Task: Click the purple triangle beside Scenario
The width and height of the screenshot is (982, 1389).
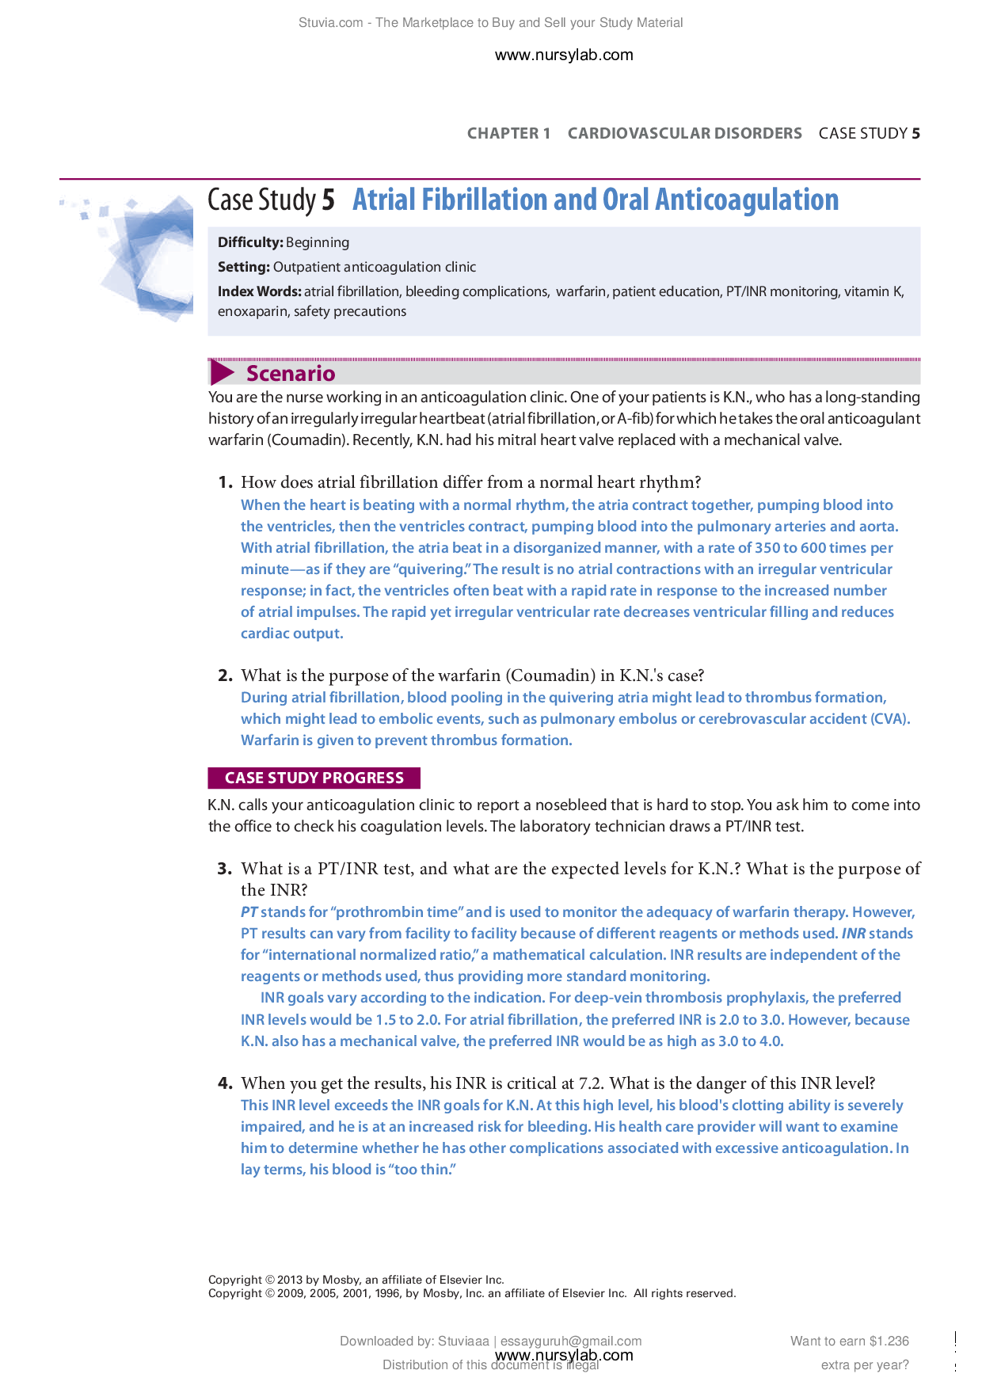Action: (x=222, y=373)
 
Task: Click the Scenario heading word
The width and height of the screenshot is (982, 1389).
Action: (x=291, y=373)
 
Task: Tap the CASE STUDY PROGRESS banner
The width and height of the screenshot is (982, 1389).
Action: (x=314, y=778)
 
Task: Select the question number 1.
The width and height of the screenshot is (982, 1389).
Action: (x=225, y=482)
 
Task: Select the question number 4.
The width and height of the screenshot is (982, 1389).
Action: (x=225, y=1083)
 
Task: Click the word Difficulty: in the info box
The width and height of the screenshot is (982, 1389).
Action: (x=250, y=242)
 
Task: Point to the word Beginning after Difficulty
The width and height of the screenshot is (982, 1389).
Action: (x=318, y=242)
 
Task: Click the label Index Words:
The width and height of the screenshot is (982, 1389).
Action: (x=259, y=291)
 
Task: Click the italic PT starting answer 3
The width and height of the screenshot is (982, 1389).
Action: (x=249, y=912)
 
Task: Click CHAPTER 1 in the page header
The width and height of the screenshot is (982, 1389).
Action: (x=508, y=133)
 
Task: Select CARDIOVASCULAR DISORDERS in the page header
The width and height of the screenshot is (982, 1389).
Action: (x=684, y=133)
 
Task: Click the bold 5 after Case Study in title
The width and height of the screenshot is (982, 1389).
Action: (x=328, y=200)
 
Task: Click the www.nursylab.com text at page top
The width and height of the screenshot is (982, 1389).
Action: (x=564, y=55)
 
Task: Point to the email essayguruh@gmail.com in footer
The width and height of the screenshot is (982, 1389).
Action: (x=570, y=1341)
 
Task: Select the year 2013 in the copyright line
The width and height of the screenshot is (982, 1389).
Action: (x=290, y=1280)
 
